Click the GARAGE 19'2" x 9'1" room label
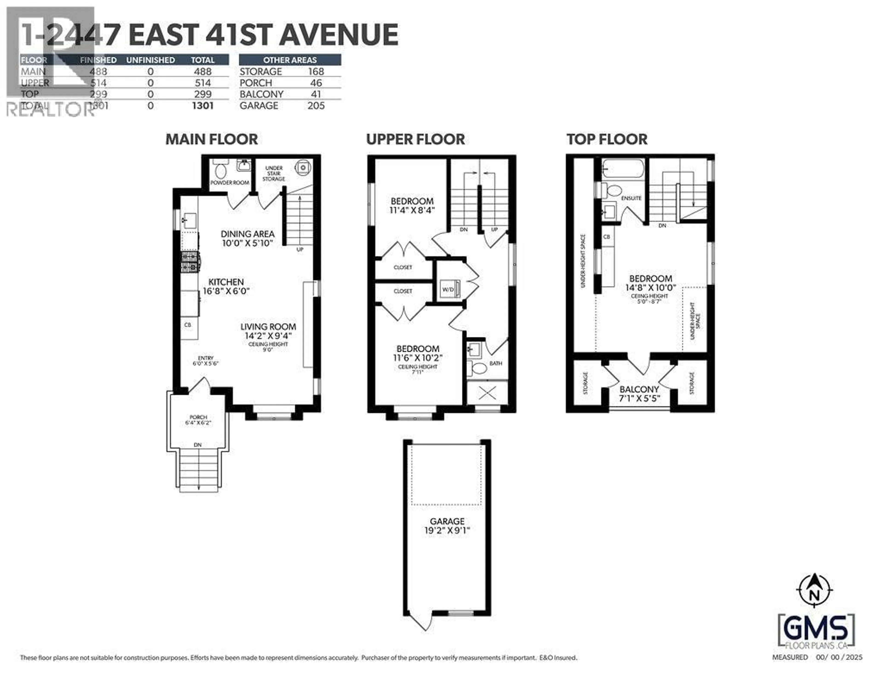pyautogui.click(x=447, y=526)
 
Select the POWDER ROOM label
pyautogui.click(x=230, y=183)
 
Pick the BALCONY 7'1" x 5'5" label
pyautogui.click(x=639, y=394)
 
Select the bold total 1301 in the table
pyautogui.click(x=203, y=106)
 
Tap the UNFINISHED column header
pyautogui.click(x=150, y=60)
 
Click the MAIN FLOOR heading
pyautogui.click(x=212, y=140)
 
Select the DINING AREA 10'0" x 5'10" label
pyautogui.click(x=247, y=238)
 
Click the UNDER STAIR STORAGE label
pyautogui.click(x=274, y=173)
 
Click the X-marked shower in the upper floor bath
pyautogui.click(x=487, y=393)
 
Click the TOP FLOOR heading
pyautogui.click(x=606, y=140)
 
